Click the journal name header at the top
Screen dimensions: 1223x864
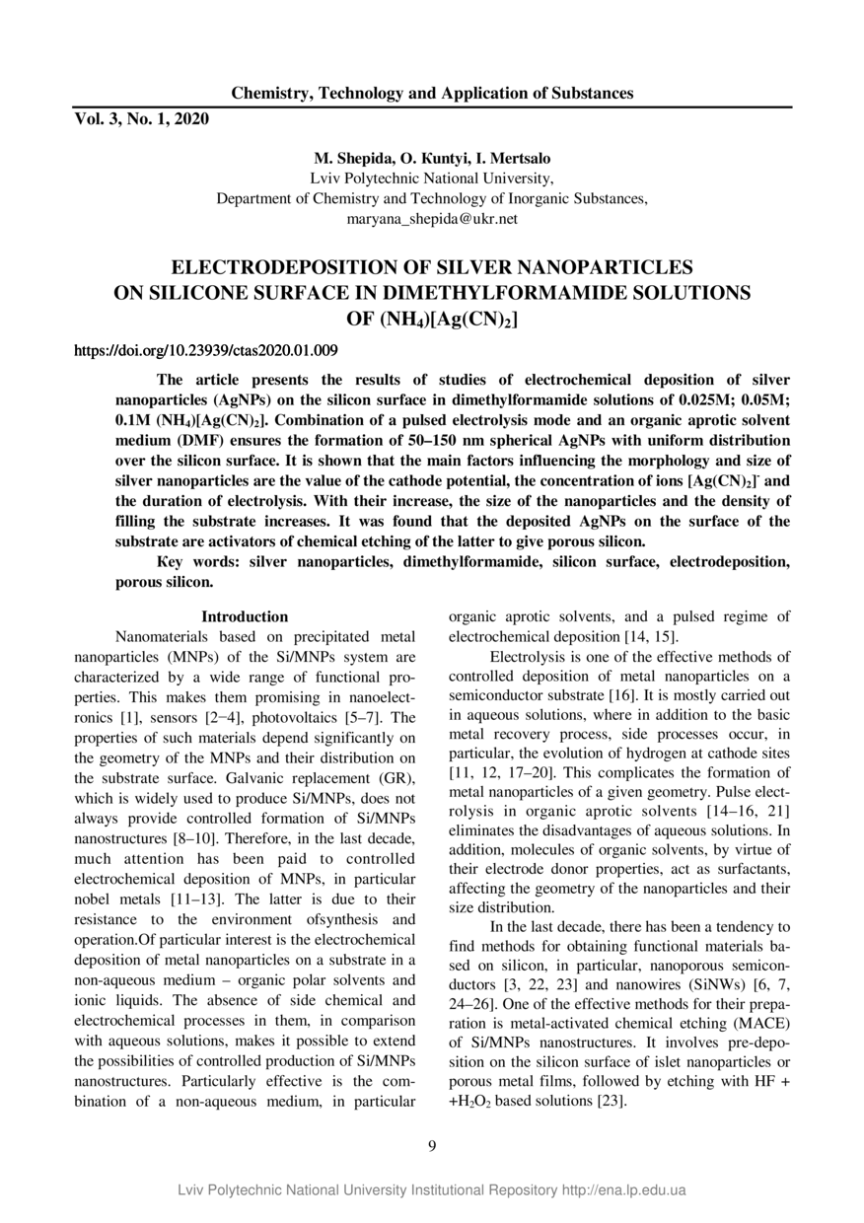pos(432,94)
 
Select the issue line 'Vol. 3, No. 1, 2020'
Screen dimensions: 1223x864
pos(142,119)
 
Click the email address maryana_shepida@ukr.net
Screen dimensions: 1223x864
pos(432,218)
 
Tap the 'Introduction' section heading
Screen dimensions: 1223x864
pos(245,616)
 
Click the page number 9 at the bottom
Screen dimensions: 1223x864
pos(432,1145)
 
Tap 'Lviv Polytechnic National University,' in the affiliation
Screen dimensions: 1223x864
pos(432,179)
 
